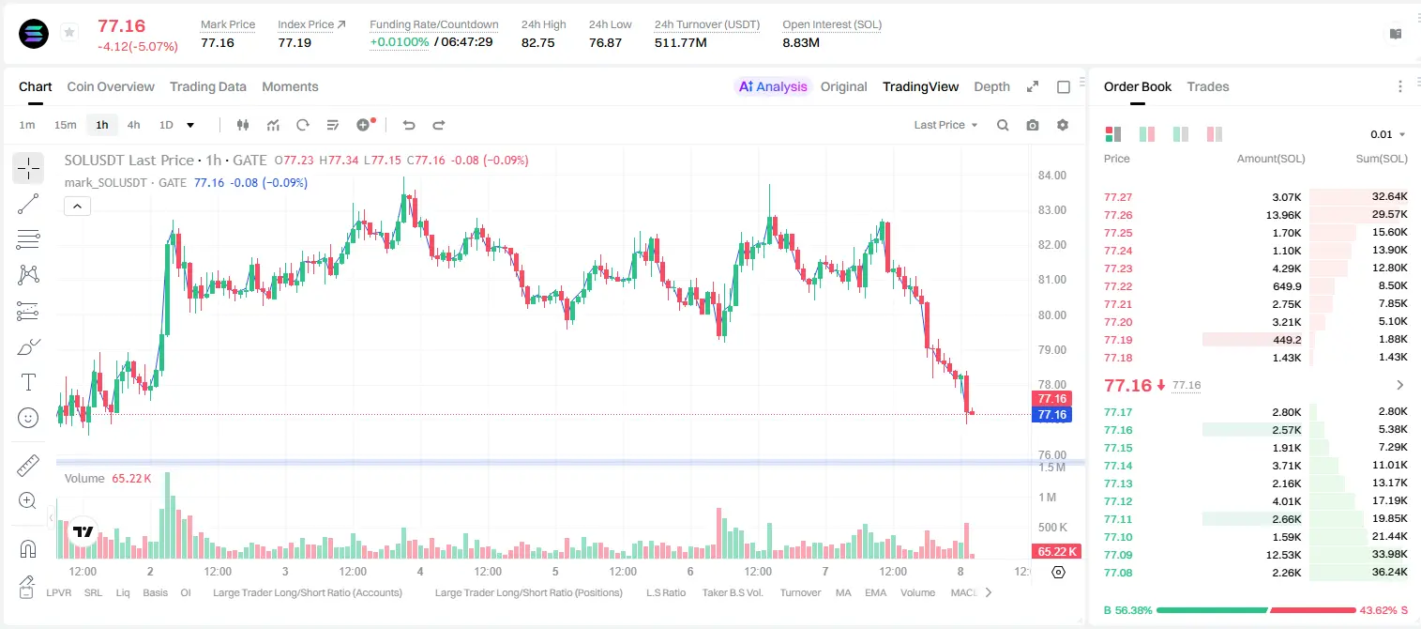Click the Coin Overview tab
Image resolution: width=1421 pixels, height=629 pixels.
tap(111, 86)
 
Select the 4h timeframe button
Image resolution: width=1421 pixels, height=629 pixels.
tap(133, 125)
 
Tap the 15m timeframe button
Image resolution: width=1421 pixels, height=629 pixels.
tap(65, 125)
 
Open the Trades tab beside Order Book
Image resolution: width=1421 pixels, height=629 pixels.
tap(1207, 86)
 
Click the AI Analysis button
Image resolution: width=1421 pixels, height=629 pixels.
tap(773, 86)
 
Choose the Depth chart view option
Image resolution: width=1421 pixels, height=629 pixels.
tap(991, 86)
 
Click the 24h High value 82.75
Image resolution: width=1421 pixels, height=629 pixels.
tap(538, 42)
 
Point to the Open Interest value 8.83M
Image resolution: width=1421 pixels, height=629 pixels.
tap(801, 42)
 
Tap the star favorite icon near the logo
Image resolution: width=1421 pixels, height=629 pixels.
tap(69, 32)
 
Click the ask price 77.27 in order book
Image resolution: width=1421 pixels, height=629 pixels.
tap(1118, 197)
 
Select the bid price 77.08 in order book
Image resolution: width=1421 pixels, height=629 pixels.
tap(1118, 573)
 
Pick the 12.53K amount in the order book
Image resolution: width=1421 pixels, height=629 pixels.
tap(1283, 555)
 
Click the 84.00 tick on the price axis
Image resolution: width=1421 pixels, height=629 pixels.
tap(1051, 176)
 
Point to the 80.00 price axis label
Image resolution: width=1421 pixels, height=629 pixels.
tap(1051, 314)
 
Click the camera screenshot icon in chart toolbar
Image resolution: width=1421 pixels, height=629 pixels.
tap(1033, 125)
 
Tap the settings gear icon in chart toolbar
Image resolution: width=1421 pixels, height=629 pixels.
tap(1063, 125)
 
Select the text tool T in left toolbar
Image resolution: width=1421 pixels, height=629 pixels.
tap(28, 382)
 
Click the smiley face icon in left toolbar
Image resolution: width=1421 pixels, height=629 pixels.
tap(28, 418)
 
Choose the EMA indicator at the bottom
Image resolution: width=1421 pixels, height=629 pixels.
tap(875, 592)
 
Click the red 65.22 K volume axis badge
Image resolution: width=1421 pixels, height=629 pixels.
tap(1056, 552)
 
